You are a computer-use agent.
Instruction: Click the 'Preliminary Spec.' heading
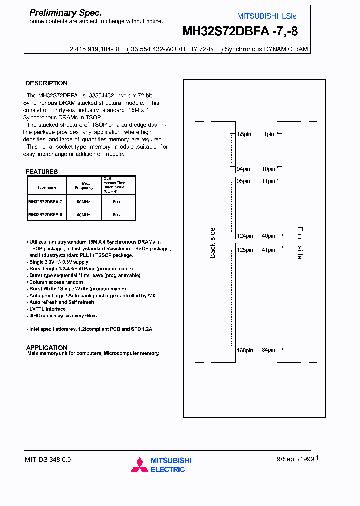(x=65, y=13)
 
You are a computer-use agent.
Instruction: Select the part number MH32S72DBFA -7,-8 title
(x=240, y=32)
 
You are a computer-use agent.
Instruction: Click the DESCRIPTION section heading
(x=46, y=83)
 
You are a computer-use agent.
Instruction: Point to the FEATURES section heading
(x=42, y=172)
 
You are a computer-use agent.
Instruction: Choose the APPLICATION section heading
(x=46, y=347)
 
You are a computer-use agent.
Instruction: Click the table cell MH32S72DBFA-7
(x=45, y=201)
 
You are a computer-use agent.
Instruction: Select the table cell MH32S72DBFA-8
(x=45, y=214)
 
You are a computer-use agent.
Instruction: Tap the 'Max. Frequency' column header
(x=84, y=185)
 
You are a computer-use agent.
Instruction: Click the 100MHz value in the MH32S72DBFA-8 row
(x=83, y=214)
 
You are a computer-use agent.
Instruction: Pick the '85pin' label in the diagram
(x=244, y=134)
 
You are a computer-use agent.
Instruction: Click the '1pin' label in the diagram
(x=269, y=134)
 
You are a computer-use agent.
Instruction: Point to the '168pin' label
(x=244, y=350)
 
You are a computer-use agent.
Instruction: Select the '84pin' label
(x=268, y=350)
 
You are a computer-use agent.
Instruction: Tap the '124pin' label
(x=244, y=236)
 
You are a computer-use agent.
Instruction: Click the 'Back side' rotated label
(x=213, y=243)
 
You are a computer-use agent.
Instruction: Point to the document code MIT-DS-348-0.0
(x=48, y=459)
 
